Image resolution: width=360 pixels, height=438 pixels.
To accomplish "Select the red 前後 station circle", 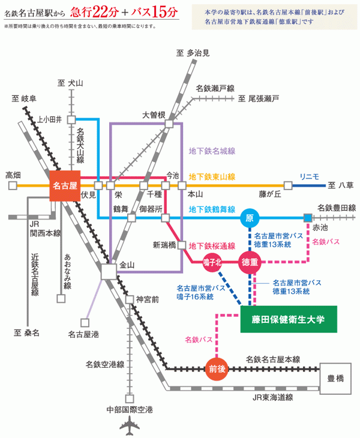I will pyautogui.click(x=217, y=368).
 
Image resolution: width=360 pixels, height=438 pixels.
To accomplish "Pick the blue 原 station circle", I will pyautogui.click(x=250, y=217).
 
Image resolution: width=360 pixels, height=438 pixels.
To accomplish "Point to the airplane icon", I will pyautogui.click(x=129, y=427).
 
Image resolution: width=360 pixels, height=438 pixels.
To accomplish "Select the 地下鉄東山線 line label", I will pyautogui.click(x=211, y=176).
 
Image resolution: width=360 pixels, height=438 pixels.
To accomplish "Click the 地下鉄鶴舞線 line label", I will pyautogui.click(x=211, y=209).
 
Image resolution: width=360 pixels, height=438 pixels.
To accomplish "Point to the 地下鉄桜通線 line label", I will pyautogui.click(x=211, y=245).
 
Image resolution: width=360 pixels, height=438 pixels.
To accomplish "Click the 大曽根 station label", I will pyautogui.click(x=154, y=115).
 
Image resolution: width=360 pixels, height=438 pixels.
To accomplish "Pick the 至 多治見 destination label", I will pyautogui.click(x=193, y=53).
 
